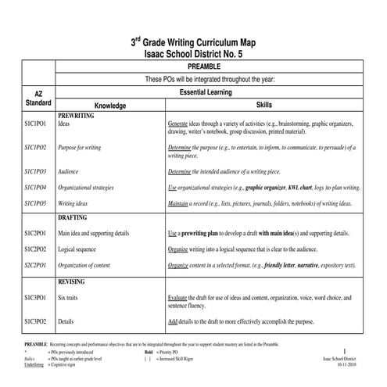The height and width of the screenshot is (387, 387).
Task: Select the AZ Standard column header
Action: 38,98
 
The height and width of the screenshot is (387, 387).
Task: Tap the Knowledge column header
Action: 110,106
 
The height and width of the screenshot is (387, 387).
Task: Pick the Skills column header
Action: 265,105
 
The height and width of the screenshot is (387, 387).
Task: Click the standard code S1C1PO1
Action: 36,124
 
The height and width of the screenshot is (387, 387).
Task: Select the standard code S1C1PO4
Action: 36,188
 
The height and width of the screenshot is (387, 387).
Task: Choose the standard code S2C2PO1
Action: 36,265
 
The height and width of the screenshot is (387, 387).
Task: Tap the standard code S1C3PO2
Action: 36,321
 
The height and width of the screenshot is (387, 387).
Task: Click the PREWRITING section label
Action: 76,115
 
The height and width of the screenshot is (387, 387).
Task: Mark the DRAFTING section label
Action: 73,217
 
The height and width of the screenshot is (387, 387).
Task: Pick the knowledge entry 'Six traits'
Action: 72,298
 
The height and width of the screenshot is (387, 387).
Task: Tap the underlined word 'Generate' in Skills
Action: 181,124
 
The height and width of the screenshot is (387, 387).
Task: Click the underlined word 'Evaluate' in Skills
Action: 181,298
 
